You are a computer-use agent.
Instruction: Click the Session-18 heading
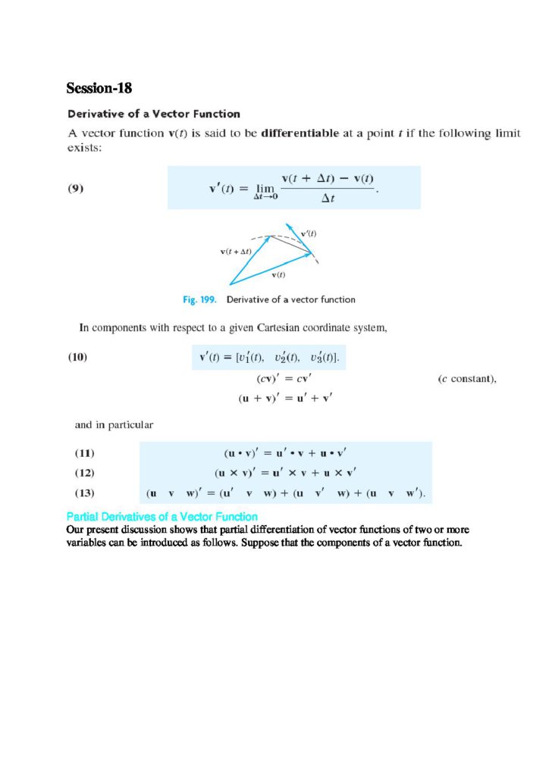tap(99, 89)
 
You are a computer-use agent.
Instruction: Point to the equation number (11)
tap(84, 454)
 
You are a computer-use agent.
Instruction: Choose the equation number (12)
tap(84, 474)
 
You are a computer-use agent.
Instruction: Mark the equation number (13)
tap(84, 494)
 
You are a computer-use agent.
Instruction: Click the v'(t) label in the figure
tap(309, 233)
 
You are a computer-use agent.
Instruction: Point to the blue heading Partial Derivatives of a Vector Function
tap(162, 517)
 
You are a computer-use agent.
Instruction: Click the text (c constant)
tap(467, 379)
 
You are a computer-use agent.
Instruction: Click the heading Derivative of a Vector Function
tap(154, 114)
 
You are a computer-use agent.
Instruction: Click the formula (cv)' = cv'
tap(275, 379)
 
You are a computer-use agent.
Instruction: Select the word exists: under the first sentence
tap(84, 148)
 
